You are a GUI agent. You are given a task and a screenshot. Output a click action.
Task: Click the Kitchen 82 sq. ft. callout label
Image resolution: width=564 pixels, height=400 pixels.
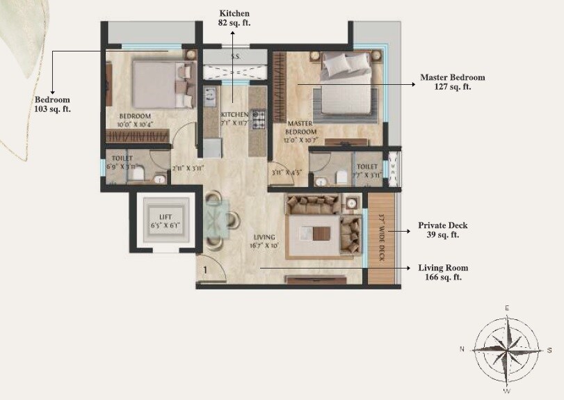point(234,18)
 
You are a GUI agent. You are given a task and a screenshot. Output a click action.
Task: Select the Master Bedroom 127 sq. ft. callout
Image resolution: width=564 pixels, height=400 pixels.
point(453,82)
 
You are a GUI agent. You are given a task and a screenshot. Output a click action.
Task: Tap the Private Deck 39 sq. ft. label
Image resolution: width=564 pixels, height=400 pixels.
point(442,230)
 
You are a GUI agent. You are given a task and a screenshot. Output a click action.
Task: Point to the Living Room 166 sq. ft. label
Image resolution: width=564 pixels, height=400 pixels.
point(443,272)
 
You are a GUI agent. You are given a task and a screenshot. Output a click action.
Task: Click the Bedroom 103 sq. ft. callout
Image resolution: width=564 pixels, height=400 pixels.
point(53,104)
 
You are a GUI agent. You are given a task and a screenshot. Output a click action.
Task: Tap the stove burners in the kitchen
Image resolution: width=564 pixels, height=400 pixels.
point(258,120)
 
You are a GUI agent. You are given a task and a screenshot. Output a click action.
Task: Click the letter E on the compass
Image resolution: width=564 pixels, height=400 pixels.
point(507,307)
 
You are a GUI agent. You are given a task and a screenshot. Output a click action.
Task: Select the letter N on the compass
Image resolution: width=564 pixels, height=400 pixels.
point(462,349)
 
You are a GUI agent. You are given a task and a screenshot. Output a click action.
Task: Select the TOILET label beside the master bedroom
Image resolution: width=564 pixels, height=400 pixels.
point(366,167)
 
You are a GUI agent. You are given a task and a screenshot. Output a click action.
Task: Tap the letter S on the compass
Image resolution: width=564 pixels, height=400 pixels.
point(549,349)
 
